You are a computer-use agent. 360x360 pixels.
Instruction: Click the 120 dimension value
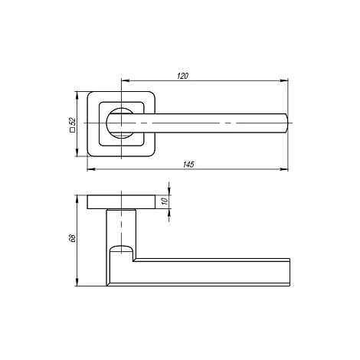(x=182, y=76)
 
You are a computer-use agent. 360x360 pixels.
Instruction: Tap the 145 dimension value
(x=188, y=165)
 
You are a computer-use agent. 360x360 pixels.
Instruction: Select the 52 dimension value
(x=73, y=121)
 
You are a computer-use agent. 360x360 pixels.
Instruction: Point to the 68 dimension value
(x=73, y=237)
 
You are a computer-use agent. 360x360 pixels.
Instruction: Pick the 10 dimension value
(x=165, y=201)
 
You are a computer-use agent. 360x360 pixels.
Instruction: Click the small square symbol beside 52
(x=73, y=130)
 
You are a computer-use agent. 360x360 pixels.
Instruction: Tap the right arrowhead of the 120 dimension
(x=284, y=80)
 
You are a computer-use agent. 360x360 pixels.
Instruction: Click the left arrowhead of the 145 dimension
(x=91, y=169)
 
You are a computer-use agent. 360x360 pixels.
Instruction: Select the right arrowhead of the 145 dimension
(x=284, y=169)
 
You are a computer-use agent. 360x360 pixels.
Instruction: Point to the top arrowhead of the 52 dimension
(x=77, y=95)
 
